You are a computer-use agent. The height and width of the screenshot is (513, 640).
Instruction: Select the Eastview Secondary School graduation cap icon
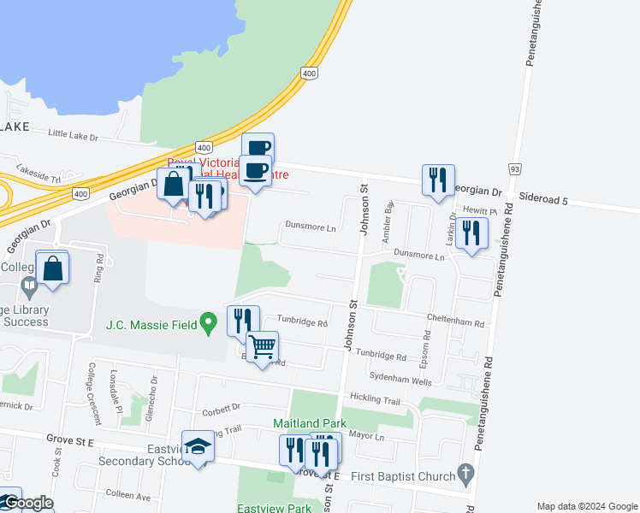click(x=199, y=447)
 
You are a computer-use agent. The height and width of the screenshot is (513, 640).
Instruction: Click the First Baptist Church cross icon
click(x=465, y=472)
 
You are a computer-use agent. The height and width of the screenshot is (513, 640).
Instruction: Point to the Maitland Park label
click(x=308, y=423)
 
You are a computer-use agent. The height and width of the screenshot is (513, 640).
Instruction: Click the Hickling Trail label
click(x=375, y=399)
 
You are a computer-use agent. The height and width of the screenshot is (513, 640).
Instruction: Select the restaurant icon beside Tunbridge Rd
click(x=243, y=320)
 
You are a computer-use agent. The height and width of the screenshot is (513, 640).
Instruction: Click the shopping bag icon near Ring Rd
click(x=52, y=268)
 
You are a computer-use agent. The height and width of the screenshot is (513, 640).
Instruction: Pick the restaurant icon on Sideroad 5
click(x=437, y=180)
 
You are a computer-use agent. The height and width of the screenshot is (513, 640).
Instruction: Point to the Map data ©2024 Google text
click(x=586, y=506)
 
